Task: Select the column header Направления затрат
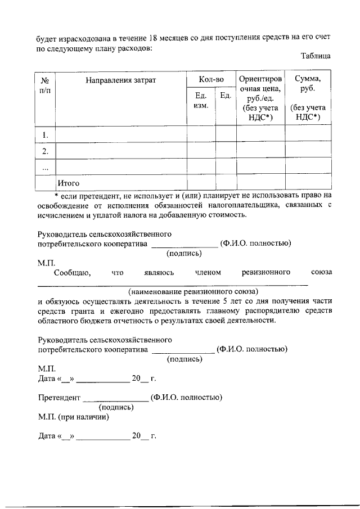(x=120, y=80)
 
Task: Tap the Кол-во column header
(x=211, y=80)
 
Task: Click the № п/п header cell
(x=45, y=85)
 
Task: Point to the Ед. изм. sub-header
(x=201, y=101)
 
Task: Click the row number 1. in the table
(x=45, y=135)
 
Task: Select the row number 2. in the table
(x=45, y=151)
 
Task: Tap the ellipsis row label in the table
(x=45, y=168)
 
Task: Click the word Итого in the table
(x=68, y=183)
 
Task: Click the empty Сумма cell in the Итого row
(x=308, y=183)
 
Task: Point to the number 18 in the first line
(x=152, y=38)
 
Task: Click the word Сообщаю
(x=73, y=273)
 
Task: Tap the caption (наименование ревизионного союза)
(x=193, y=291)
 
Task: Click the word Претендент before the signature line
(x=59, y=398)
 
